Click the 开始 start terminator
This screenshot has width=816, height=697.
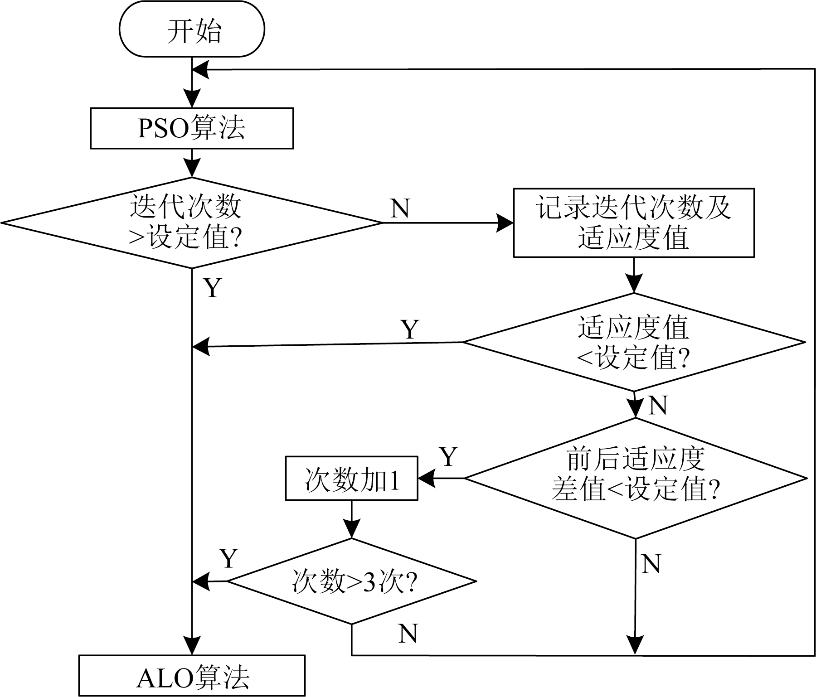tap(192, 30)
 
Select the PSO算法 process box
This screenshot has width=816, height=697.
tap(192, 128)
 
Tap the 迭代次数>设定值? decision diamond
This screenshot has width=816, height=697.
tap(192, 223)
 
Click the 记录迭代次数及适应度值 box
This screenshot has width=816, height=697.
tap(633, 223)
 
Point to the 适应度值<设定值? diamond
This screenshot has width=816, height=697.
tap(633, 342)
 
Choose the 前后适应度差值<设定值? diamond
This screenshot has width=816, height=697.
tap(635, 478)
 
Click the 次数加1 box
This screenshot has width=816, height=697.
tap(351, 478)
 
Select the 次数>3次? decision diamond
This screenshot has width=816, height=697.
tap(351, 581)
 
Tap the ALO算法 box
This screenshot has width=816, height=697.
tap(192, 675)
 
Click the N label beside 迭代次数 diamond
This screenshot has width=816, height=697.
tap(400, 208)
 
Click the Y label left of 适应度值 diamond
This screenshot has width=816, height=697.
tap(410, 329)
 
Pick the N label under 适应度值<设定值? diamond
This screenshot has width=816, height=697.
tap(658, 405)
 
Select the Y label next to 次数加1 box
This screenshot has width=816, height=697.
tap(449, 457)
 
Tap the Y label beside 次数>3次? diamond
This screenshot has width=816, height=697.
tap(229, 559)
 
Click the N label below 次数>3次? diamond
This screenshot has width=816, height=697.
tap(408, 634)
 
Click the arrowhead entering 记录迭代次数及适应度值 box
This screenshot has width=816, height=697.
tap(505, 223)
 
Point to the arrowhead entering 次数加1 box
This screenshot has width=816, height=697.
tap(426, 478)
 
